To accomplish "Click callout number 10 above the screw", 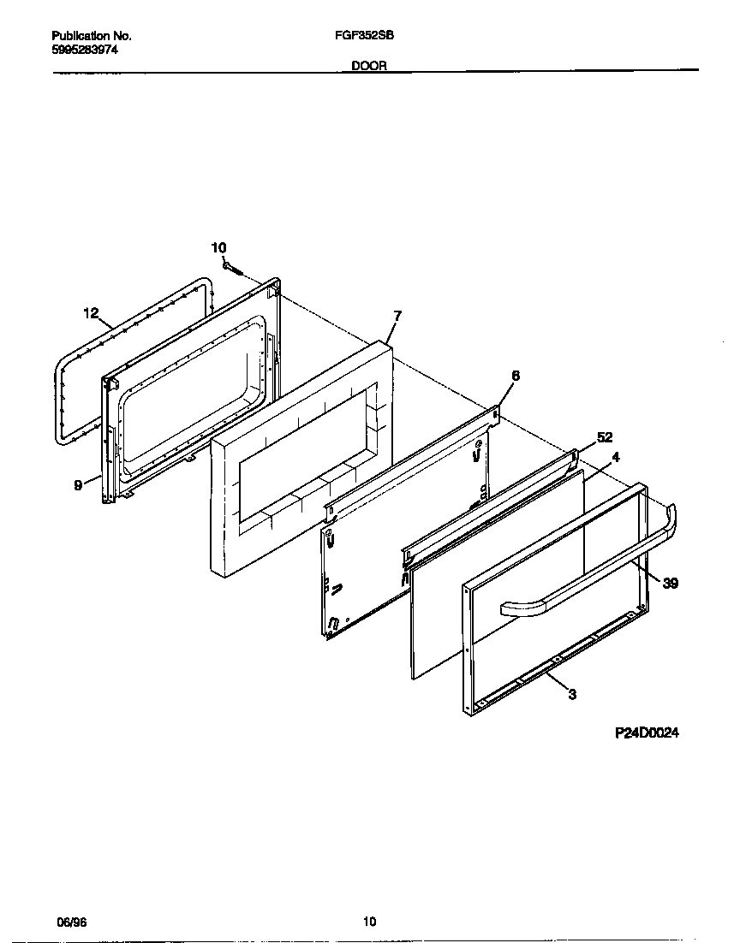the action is point(218,248).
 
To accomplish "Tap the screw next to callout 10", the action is point(229,267).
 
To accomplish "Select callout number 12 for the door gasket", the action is point(92,313).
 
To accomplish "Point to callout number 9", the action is point(78,484).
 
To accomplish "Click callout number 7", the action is point(397,317).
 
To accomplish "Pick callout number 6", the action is point(515,376).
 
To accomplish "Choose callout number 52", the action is point(605,437).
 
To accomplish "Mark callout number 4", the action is point(616,457).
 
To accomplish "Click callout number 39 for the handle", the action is point(671,584).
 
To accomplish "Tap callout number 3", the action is point(572,695).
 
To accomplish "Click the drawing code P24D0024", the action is point(647,733).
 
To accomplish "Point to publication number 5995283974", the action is point(85,50).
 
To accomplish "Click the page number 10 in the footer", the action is point(369,922).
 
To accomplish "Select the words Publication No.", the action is point(91,36).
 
